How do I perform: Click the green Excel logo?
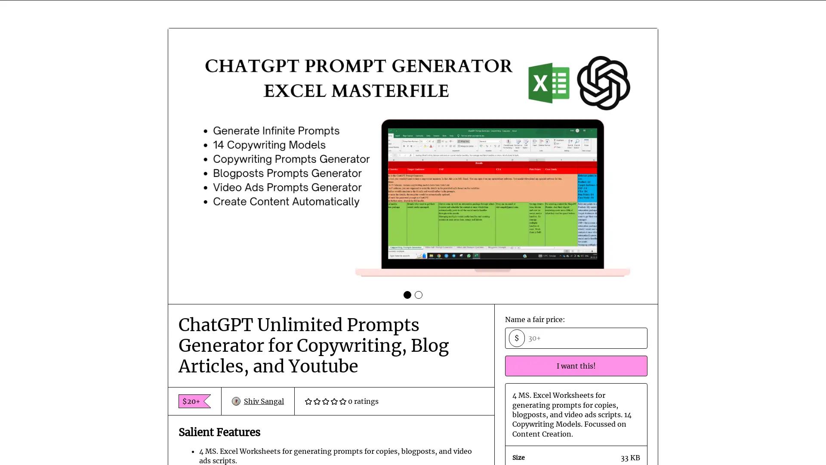pos(549,83)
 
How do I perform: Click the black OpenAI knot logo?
pos(603,83)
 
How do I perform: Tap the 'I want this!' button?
pos(576,366)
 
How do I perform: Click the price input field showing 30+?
pos(585,338)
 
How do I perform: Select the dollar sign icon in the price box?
pos(516,338)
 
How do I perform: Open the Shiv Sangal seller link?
pos(263,401)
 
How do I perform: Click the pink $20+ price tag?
pos(191,401)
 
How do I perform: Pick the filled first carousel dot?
pos(407,295)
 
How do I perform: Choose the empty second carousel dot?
pos(419,295)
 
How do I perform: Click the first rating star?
pos(308,401)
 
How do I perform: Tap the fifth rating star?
pos(343,401)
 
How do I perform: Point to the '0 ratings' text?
pos(363,401)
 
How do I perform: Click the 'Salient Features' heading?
pos(219,432)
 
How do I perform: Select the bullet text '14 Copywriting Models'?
pos(269,145)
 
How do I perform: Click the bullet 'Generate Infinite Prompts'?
pos(276,131)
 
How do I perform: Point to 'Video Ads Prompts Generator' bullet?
pos(287,188)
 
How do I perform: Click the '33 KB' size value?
pos(630,458)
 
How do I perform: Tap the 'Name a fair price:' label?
pos(535,319)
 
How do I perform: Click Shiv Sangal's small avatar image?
pos(236,401)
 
